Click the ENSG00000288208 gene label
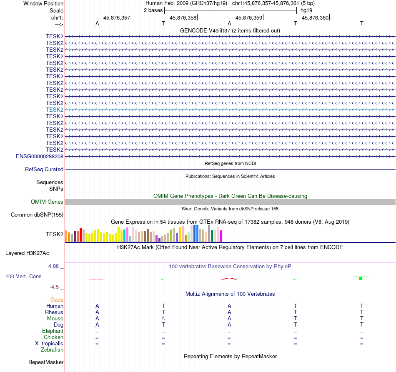40,156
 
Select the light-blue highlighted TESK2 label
55,110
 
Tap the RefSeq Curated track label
44,170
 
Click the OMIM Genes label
47,202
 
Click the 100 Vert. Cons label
23,276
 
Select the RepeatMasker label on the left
46,362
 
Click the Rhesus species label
54,312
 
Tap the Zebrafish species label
52,350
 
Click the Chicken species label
54,337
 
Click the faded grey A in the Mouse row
163,318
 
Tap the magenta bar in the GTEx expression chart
221,236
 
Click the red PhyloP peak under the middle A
229,278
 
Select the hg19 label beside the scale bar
306,10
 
